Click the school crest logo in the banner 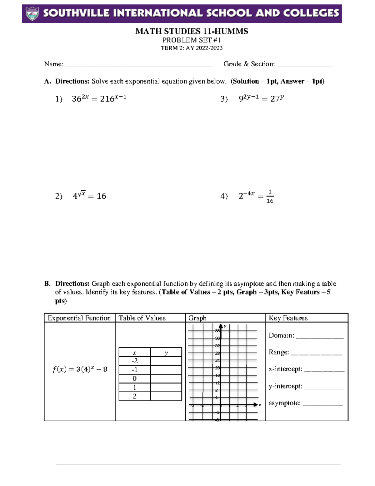(32, 13)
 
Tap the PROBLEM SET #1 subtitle (191, 40)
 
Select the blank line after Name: (139, 66)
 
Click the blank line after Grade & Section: (304, 66)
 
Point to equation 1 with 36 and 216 (99, 99)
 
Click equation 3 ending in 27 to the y (261, 99)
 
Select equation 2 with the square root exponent (89, 196)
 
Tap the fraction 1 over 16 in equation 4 (270, 196)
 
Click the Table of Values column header (142, 318)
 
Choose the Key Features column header (288, 318)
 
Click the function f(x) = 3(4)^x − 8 (80, 369)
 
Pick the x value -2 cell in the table (134, 361)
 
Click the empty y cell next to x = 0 (166, 378)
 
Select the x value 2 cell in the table (134, 396)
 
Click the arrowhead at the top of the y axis (221, 326)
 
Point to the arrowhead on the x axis (256, 405)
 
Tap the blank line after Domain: (319, 337)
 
